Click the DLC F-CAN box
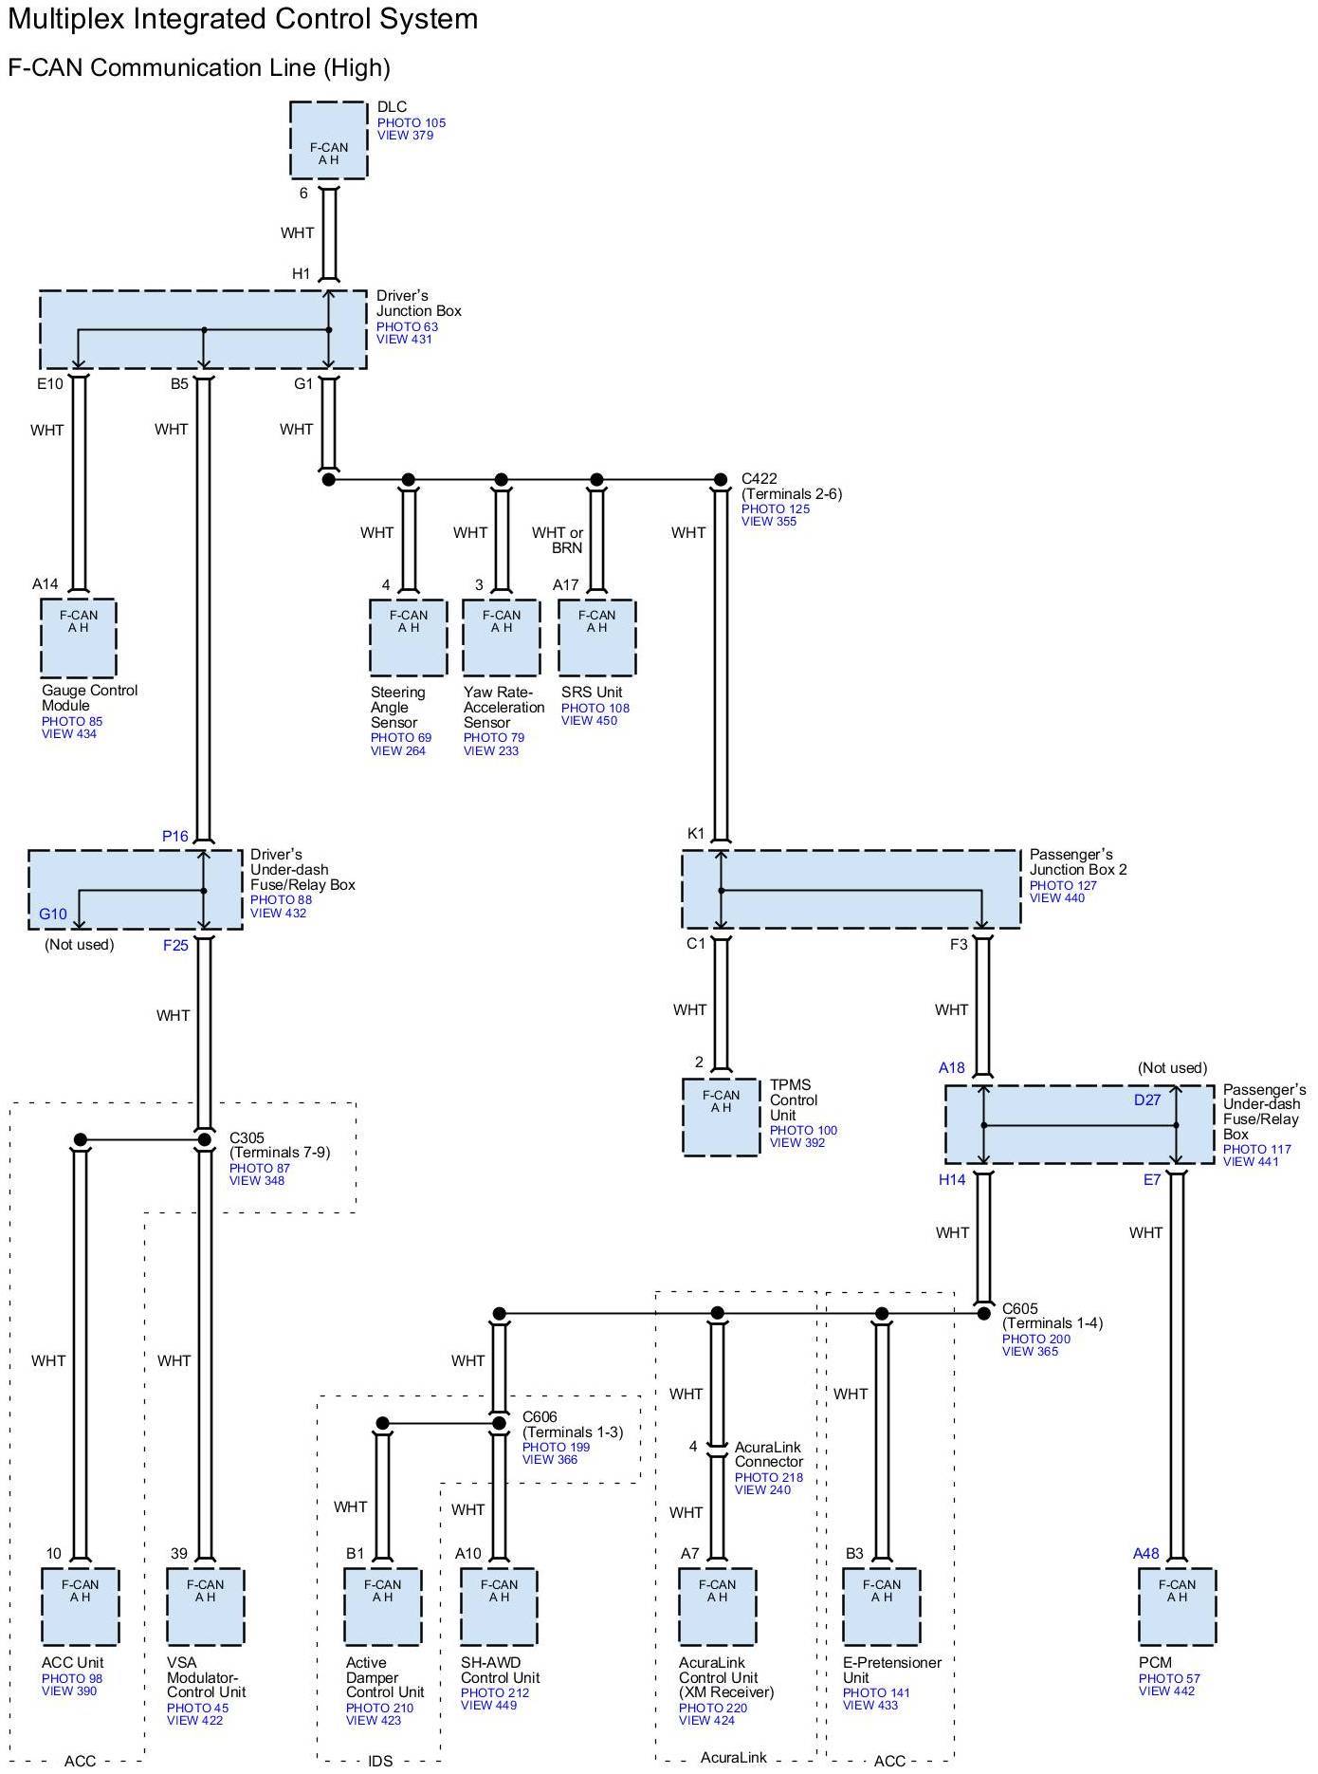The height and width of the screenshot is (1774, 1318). point(328,140)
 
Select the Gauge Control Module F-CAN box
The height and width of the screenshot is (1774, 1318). point(79,638)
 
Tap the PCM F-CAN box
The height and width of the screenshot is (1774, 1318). point(1177,1607)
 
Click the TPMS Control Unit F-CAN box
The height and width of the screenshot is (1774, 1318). point(721,1118)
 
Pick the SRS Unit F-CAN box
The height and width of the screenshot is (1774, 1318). point(596,638)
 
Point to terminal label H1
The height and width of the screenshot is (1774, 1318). point(302,274)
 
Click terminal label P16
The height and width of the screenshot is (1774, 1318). point(175,836)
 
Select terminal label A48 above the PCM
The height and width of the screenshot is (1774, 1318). point(1146,1554)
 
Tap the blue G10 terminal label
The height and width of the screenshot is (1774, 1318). point(53,914)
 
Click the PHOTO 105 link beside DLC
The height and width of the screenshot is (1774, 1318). point(412,122)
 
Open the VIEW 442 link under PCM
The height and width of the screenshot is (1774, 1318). point(1166,1691)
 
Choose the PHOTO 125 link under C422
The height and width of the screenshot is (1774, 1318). point(776,508)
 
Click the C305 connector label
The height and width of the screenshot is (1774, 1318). point(247,1137)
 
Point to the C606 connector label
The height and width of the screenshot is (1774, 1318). point(540,1416)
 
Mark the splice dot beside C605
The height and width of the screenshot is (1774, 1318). point(984,1314)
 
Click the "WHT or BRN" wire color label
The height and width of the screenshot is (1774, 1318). point(558,540)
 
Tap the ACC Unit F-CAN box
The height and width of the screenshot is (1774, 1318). point(80,1607)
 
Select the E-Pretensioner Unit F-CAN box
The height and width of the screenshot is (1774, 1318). point(882,1607)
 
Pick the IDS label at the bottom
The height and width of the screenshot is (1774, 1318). point(379,1762)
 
